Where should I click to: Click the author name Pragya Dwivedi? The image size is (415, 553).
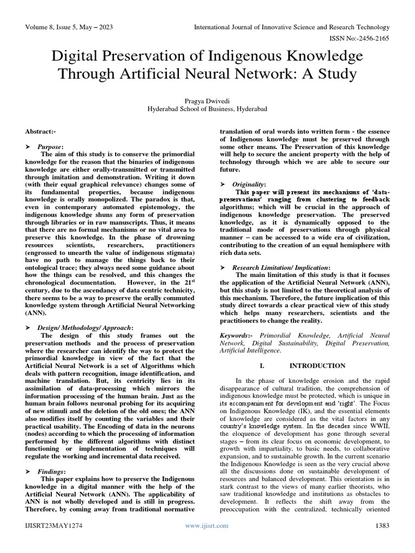[207, 100]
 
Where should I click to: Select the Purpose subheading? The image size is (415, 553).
[50, 146]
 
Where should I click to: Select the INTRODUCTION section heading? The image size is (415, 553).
[317, 366]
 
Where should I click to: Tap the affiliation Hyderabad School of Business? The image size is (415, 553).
[207, 109]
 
